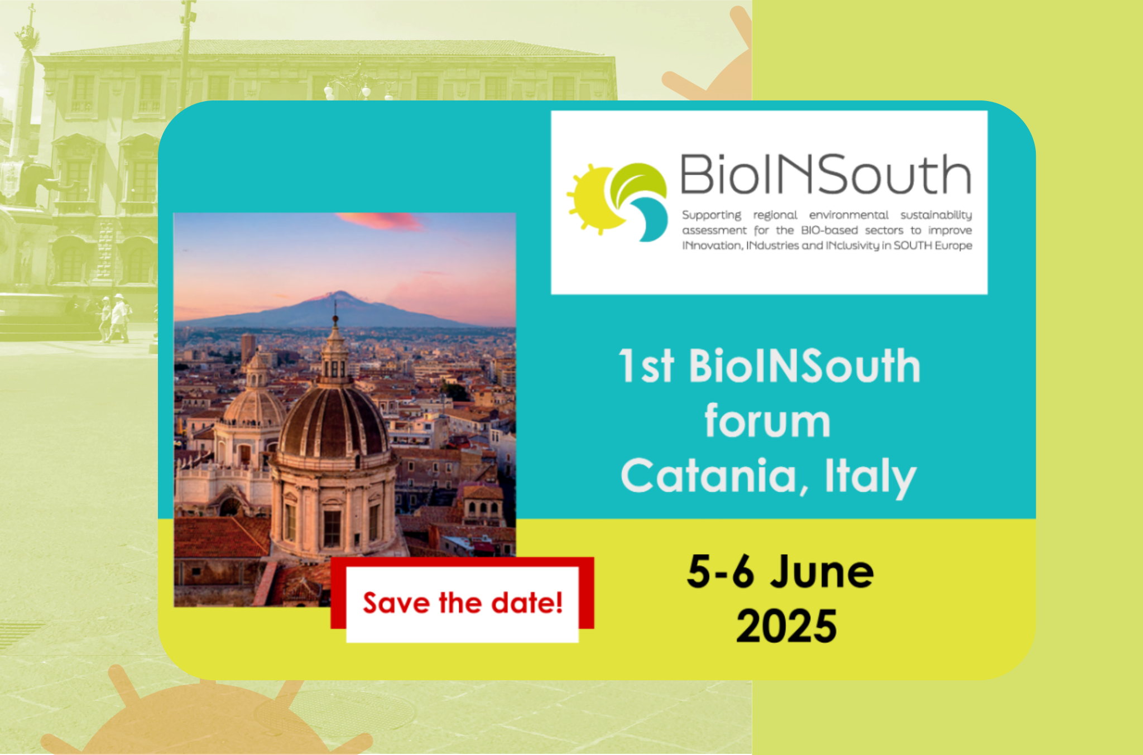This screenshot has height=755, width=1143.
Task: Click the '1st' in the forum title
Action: point(647,366)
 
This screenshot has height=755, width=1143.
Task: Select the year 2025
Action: point(786,626)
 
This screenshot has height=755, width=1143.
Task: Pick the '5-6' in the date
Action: point(721,572)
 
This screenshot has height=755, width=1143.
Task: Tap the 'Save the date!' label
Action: point(463,603)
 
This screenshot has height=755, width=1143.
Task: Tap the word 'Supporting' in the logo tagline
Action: point(712,215)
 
